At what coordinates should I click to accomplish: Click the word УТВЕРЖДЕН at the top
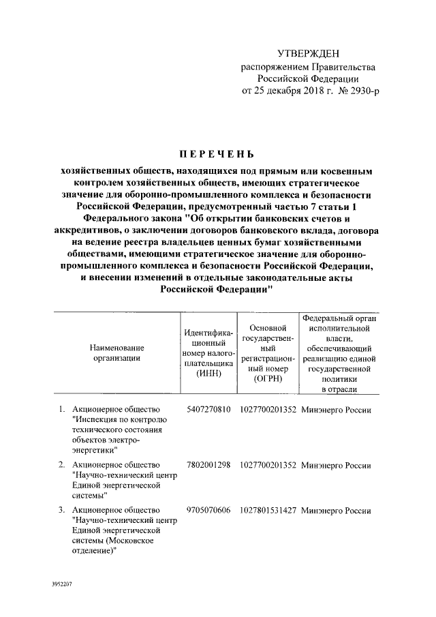pos(308,53)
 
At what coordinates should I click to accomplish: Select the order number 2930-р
pos(354,91)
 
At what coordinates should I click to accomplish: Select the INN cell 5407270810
pos(208,410)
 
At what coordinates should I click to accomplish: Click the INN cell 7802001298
pos(208,465)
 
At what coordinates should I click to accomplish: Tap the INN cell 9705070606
pos(208,510)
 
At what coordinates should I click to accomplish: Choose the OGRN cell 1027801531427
pos(268,510)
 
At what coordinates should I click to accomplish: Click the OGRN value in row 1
pos(268,410)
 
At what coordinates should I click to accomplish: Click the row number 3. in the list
pos(61,510)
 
